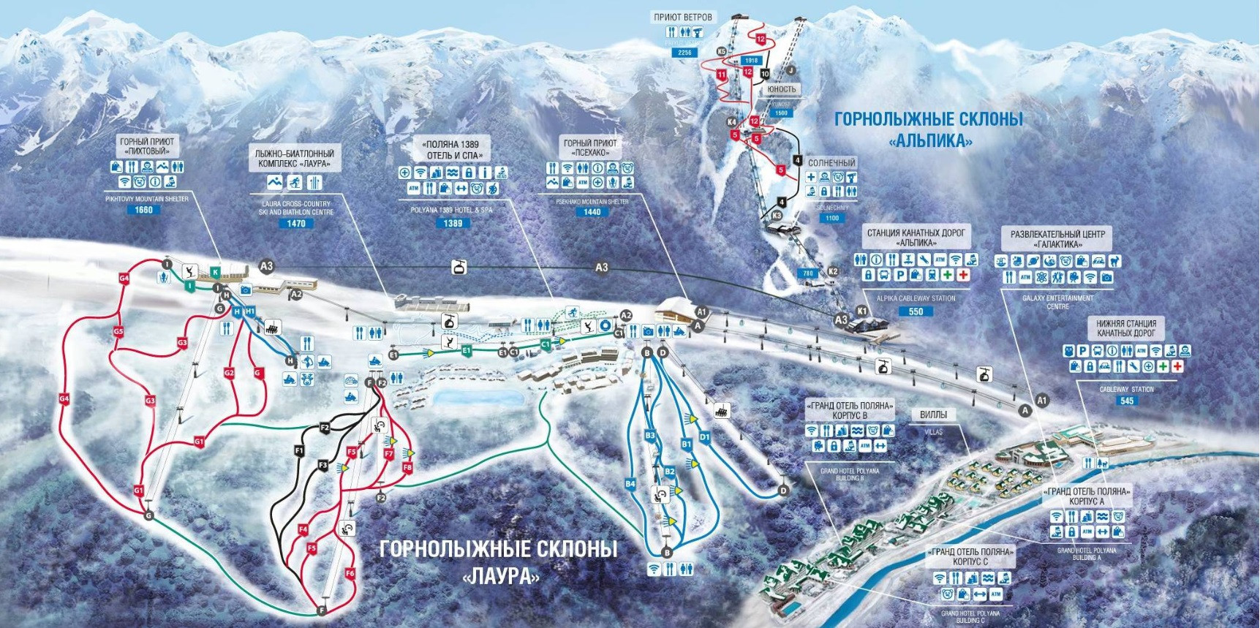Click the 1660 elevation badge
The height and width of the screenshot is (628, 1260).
[143, 210]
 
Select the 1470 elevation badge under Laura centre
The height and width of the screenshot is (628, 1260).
[295, 223]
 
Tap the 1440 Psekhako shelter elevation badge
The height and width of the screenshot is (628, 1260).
[592, 212]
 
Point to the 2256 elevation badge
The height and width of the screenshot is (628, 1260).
[684, 53]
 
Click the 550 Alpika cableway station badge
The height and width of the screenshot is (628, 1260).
[916, 311]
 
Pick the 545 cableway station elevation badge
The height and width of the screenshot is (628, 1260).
[1127, 401]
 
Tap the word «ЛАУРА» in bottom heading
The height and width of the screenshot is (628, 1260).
[502, 576]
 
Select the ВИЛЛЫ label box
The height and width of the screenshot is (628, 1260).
[933, 415]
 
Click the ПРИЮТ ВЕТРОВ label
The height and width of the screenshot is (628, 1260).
[683, 17]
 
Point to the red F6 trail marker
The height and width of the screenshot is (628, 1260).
[350, 574]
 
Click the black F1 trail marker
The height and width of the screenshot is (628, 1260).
[299, 451]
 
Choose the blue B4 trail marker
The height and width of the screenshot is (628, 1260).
[630, 484]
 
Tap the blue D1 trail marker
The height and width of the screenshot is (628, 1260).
[704, 437]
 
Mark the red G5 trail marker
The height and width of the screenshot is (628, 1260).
[118, 331]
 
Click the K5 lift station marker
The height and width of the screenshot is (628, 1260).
[722, 51]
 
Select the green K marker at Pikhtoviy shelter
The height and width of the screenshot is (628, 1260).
[215, 272]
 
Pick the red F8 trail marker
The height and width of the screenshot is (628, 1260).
[407, 467]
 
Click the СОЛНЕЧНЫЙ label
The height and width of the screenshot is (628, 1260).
[831, 163]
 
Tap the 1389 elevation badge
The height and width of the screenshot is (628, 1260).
[453, 223]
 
